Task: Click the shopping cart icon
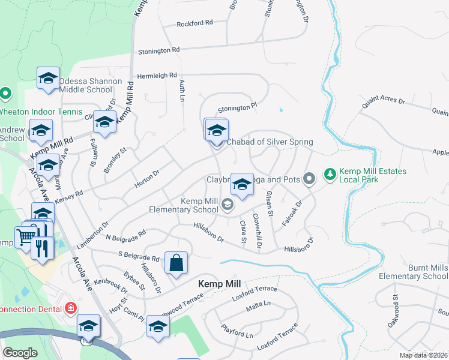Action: click(25, 238)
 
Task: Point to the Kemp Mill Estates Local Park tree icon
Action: click(329, 175)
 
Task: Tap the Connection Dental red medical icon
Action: click(71, 308)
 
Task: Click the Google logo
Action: click(20, 353)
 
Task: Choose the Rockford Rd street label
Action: click(194, 23)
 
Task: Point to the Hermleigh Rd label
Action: click(157, 76)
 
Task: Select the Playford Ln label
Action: click(237, 334)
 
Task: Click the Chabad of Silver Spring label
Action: click(270, 142)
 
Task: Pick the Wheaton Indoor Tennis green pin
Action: click(5, 94)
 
